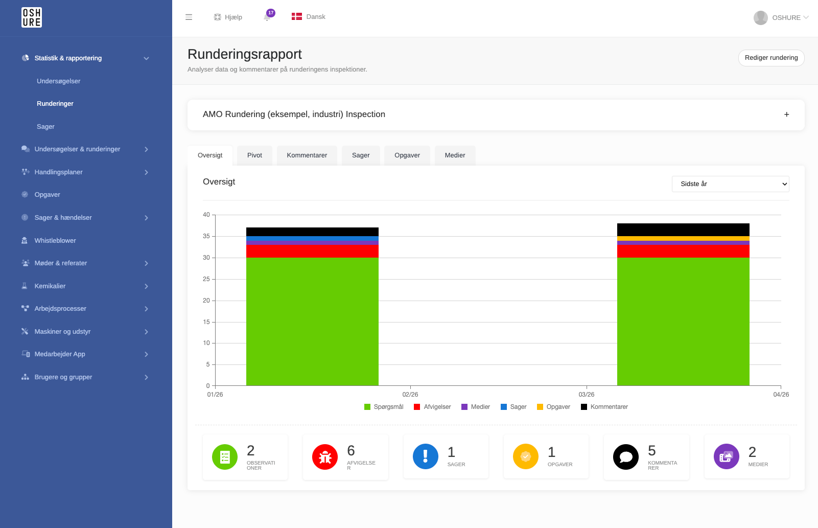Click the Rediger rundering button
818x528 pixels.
pyautogui.click(x=771, y=58)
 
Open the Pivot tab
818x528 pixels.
pyautogui.click(x=254, y=155)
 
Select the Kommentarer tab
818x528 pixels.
pyautogui.click(x=307, y=155)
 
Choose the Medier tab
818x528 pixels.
pyautogui.click(x=455, y=155)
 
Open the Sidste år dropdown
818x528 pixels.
pyautogui.click(x=730, y=184)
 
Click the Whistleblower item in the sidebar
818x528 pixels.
pyautogui.click(x=55, y=240)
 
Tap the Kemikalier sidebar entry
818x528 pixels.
pyautogui.click(x=50, y=286)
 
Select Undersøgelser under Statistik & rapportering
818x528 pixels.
pyautogui.click(x=58, y=81)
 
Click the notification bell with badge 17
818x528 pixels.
pyautogui.click(x=268, y=17)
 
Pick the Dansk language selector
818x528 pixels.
pyautogui.click(x=309, y=17)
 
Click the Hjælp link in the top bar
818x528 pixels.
pyautogui.click(x=228, y=17)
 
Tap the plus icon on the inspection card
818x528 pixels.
pyautogui.click(x=787, y=114)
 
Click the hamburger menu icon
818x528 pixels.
pyautogui.click(x=189, y=17)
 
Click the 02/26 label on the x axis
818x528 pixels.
pyautogui.click(x=410, y=395)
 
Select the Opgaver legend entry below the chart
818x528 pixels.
pyautogui.click(x=554, y=407)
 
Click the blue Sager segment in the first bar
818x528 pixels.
pyautogui.click(x=312, y=239)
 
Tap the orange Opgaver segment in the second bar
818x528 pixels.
pyautogui.click(x=683, y=239)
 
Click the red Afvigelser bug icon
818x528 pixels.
pyautogui.click(x=324, y=457)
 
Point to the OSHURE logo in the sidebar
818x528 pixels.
pyautogui.click(x=31, y=17)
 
